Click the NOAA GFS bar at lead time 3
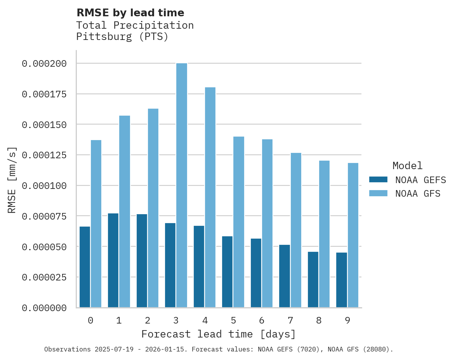pos(182,185)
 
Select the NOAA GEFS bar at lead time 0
pos(85,267)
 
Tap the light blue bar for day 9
pos(353,235)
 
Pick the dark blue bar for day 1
pos(113,260)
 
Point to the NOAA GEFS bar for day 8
pos(313,279)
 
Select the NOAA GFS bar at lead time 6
pos(267,223)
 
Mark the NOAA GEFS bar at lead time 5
pos(227,272)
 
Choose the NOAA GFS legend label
pos(418,193)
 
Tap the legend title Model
pos(407,166)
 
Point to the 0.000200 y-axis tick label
pos(44,63)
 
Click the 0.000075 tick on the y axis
pos(44,216)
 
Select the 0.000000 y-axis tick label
pos(44,308)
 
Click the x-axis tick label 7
pos(290,320)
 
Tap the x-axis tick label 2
pos(148,320)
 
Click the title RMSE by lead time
pos(130,13)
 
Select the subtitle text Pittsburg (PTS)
pos(122,37)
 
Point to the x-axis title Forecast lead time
pos(219,334)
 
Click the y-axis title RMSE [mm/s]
pos(12,180)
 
